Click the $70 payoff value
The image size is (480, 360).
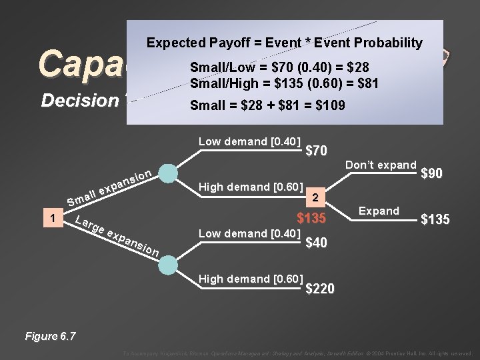coord(315,151)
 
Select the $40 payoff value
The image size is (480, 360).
coord(315,243)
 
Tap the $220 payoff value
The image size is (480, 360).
coord(320,288)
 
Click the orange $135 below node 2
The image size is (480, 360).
coord(311,219)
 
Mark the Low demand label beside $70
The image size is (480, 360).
coord(250,141)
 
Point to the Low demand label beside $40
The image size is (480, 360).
coord(250,233)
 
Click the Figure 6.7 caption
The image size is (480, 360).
coord(50,335)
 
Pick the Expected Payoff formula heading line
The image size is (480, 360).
coord(285,43)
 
